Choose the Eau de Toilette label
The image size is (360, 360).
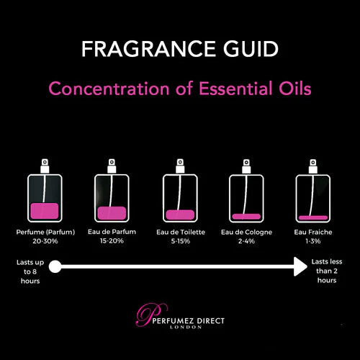pos(180,232)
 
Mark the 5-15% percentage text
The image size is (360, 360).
pos(180,241)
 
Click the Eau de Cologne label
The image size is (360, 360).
pos(248,232)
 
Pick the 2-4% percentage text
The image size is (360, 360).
pos(248,241)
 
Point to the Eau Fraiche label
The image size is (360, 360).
pos(314,232)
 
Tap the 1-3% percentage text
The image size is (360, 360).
pos(314,241)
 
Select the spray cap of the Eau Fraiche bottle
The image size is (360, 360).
pos(313,168)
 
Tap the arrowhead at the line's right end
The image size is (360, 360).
pos(299,269)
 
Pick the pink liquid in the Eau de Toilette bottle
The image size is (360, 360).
pos(180,215)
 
